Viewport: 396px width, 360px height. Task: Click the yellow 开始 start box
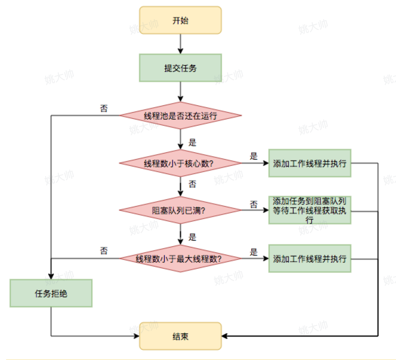coord(180,20)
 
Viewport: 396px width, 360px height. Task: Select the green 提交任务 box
coord(180,68)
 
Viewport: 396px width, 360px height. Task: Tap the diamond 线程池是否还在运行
coord(180,115)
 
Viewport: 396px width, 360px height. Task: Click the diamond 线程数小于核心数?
coord(180,163)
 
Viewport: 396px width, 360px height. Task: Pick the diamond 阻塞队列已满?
coord(180,210)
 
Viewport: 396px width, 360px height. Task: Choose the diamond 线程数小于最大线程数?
coord(180,258)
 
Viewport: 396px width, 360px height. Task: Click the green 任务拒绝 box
coord(51,293)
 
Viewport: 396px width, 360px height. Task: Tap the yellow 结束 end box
coord(180,336)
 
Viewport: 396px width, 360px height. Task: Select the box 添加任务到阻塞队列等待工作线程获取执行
coord(310,210)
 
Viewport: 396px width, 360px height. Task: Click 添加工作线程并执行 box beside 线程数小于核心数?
coord(310,163)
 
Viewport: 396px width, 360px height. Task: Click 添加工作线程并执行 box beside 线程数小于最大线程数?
coord(310,258)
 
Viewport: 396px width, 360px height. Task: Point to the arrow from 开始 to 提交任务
coord(180,44)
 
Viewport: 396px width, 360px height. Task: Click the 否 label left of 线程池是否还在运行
coord(104,108)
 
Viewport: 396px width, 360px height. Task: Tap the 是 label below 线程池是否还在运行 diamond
coord(193,142)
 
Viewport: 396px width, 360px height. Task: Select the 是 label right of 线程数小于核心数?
coord(254,156)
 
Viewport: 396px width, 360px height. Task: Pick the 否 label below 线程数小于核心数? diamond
coord(193,184)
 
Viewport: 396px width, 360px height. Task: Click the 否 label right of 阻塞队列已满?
coord(254,204)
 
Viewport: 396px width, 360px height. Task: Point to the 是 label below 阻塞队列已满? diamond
coord(193,237)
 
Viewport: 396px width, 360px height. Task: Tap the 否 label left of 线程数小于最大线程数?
coord(104,251)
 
